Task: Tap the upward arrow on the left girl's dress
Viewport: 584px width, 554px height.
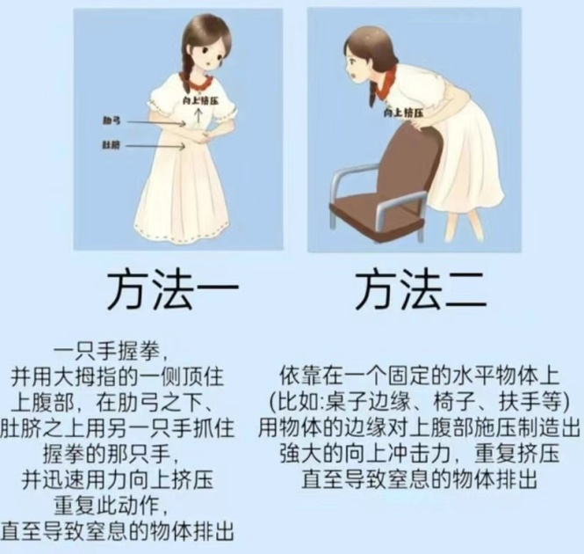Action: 198,114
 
